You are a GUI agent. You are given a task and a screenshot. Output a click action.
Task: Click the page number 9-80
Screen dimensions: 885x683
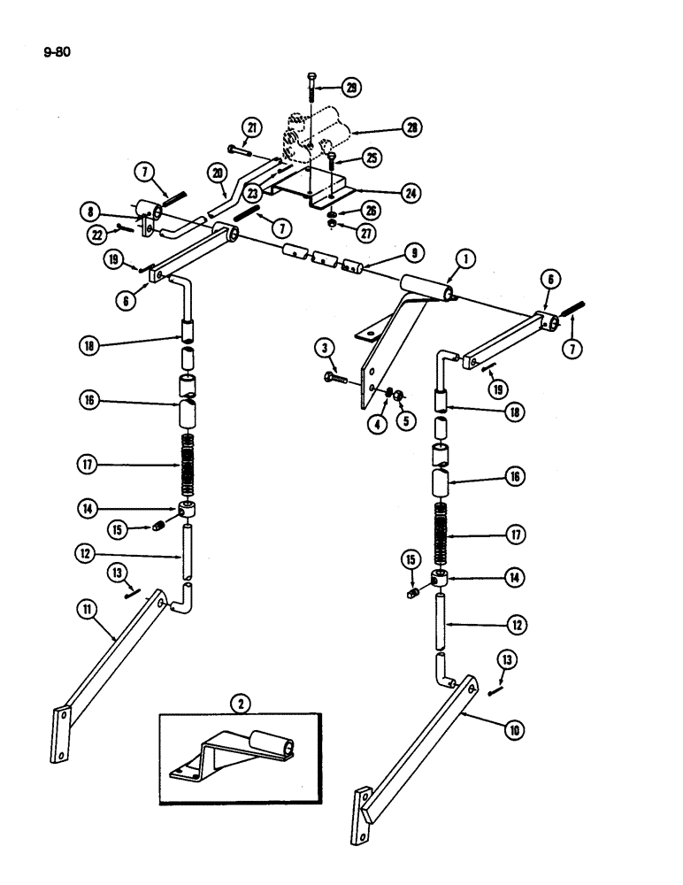coord(56,51)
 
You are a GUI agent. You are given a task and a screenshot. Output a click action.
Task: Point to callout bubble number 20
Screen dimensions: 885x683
coord(216,172)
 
